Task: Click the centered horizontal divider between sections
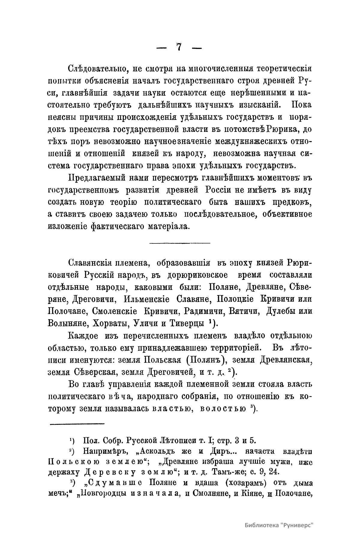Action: [180, 243]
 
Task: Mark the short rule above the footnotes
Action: [76, 424]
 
